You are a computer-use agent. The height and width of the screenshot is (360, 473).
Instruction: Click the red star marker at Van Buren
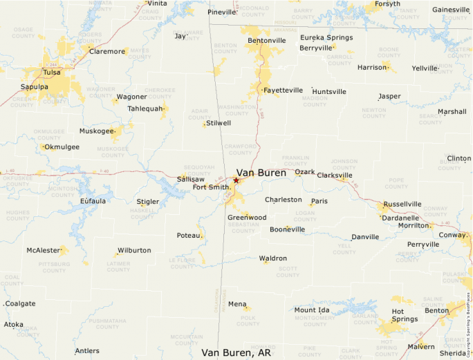tap(236, 180)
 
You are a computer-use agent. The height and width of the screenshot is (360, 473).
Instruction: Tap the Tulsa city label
tap(51, 72)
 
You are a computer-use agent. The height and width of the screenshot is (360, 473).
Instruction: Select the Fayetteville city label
tap(283, 90)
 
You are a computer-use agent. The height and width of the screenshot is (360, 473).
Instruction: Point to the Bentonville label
tap(266, 41)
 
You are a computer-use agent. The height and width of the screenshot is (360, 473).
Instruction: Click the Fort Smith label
tap(212, 187)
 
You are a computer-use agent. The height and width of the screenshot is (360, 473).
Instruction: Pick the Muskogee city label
tap(96, 131)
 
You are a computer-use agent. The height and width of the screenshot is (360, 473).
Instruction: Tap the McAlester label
tap(44, 250)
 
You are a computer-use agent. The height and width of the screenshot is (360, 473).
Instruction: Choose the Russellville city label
tap(402, 205)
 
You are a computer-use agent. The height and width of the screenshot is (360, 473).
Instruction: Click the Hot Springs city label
tap(405, 314)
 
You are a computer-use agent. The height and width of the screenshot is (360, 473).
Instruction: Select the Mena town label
tap(237, 304)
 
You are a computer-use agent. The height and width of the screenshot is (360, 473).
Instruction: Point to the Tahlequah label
tap(145, 108)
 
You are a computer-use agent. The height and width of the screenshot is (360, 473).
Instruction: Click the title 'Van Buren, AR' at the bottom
tap(236, 352)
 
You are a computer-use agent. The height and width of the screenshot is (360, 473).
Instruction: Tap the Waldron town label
tap(273, 258)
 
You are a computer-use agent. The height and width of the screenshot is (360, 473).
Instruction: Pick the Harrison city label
tap(372, 68)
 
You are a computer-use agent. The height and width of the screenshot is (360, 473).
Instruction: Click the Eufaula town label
tap(93, 201)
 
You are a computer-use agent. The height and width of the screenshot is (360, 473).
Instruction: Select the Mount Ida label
tap(311, 310)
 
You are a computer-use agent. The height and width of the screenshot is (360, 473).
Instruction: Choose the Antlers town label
tap(87, 351)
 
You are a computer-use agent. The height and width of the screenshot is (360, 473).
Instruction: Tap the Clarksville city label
tap(335, 176)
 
